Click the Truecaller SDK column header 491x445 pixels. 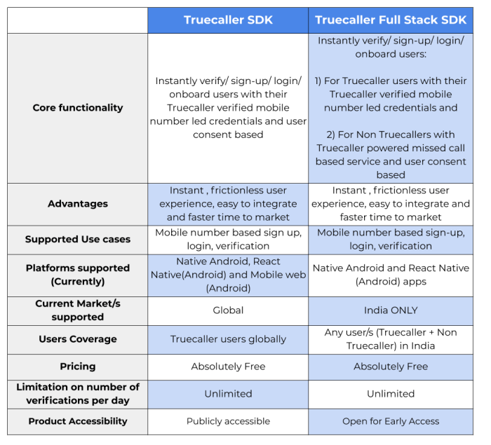pos(228,20)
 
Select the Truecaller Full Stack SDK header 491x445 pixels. pos(391,20)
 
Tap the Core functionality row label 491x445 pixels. pos(78,108)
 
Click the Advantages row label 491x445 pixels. pos(78,204)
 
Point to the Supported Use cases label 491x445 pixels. pos(78,240)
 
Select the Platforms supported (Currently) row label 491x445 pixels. pos(78,275)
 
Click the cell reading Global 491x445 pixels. pos(228,310)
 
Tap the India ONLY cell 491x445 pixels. pos(391,310)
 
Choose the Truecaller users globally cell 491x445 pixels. pos(228,339)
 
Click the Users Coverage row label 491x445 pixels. pos(78,339)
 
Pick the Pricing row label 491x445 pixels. pos(78,367)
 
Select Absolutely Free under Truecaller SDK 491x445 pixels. pos(228,367)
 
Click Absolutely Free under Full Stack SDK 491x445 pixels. pos(391,367)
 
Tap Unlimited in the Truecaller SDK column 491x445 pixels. pos(228,394)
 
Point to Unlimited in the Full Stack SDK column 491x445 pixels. pos(391,394)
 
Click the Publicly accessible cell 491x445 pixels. pos(228,421)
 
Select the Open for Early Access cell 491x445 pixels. pos(391,421)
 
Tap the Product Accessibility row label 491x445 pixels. pos(78,421)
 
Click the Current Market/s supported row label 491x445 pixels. pos(78,310)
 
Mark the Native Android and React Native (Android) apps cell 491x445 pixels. pos(391,275)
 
